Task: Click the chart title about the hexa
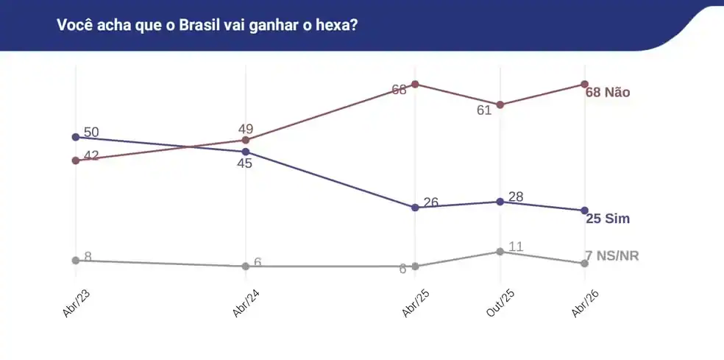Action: (x=207, y=24)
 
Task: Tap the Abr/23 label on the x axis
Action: (x=76, y=302)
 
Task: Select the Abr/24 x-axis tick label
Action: (x=245, y=302)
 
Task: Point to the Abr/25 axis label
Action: (x=415, y=302)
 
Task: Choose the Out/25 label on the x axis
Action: (x=500, y=302)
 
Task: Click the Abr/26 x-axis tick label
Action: (x=584, y=302)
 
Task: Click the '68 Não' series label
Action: (x=608, y=93)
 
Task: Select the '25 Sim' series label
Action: (x=608, y=219)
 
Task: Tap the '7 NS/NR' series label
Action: (x=611, y=256)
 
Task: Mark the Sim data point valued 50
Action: (x=76, y=137)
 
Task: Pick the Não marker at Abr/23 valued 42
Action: (x=76, y=160)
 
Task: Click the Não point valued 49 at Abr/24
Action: (x=246, y=140)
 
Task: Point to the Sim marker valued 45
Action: (x=246, y=152)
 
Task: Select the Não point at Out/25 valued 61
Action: (x=500, y=105)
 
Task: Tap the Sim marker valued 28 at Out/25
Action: (x=500, y=202)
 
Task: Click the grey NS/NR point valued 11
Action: (x=500, y=252)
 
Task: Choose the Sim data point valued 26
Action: (x=415, y=208)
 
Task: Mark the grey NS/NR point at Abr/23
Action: (x=76, y=261)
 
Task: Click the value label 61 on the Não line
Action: (x=483, y=110)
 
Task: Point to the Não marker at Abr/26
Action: (x=584, y=84)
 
